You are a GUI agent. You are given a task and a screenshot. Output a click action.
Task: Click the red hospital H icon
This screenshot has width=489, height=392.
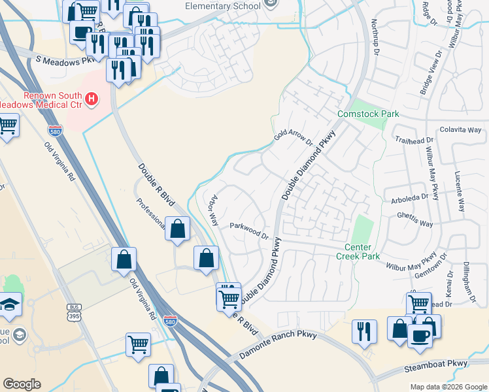(x=92, y=99)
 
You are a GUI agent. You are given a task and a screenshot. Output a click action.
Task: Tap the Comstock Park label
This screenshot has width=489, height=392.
(x=367, y=114)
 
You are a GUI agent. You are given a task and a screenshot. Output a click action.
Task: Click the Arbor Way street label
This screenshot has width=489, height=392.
(x=212, y=210)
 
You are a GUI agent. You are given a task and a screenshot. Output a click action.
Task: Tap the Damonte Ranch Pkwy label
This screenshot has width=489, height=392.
(x=278, y=346)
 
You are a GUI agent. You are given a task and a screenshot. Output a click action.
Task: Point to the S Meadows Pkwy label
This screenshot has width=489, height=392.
(x=64, y=61)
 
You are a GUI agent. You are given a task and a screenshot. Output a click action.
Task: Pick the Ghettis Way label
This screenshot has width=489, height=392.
(x=415, y=219)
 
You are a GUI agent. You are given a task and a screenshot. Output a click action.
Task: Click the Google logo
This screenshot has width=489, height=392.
(x=22, y=384)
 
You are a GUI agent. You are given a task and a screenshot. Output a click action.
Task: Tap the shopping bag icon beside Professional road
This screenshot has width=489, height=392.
(x=178, y=229)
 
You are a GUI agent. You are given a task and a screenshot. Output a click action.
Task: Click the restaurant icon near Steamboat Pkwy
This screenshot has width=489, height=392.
(x=364, y=331)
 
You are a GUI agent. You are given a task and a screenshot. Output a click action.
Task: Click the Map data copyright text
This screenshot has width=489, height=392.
(x=448, y=387)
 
